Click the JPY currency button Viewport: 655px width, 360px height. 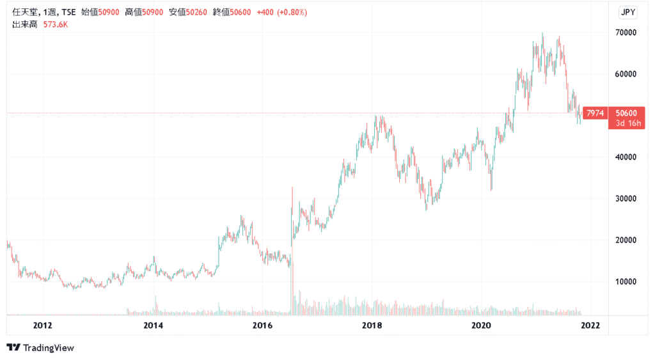coord(629,12)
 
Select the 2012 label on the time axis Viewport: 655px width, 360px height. coord(43,325)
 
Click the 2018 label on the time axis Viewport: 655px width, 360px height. coord(372,325)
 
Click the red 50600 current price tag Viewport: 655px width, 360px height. coord(627,111)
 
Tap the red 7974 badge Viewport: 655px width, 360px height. coord(595,113)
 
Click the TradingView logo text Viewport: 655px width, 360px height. coord(49,348)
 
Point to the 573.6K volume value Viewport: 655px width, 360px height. coord(56,24)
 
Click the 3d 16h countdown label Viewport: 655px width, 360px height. coord(627,121)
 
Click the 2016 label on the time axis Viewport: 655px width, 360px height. coord(262,325)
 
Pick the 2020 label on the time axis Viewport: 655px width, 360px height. coord(481,325)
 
